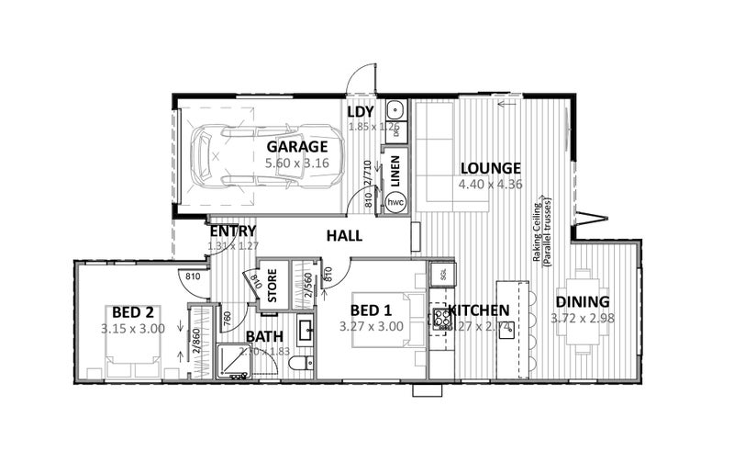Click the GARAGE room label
[x=297, y=147]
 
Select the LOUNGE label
[x=491, y=168]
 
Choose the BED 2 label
[x=132, y=310]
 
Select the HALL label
[x=344, y=236]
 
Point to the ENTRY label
[x=232, y=231]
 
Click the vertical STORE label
[x=272, y=287]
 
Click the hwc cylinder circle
[x=396, y=201]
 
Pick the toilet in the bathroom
[x=296, y=366]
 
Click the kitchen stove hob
[x=440, y=318]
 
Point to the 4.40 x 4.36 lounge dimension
[x=491, y=184]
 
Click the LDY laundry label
[x=361, y=112]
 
